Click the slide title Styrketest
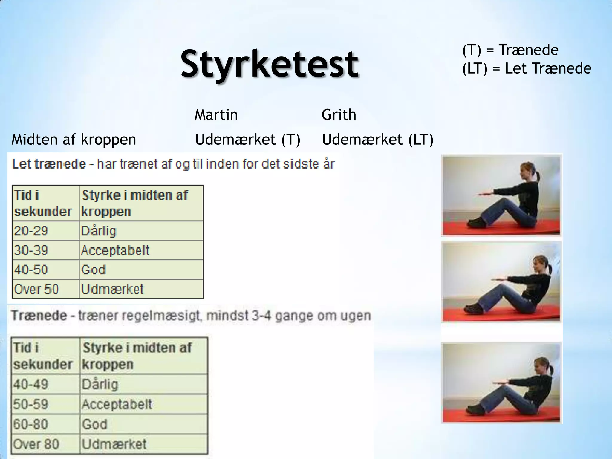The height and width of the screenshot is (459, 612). (270, 64)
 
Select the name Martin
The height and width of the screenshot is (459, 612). (216, 115)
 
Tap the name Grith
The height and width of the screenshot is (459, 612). (339, 115)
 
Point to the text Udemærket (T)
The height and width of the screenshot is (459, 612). (248, 140)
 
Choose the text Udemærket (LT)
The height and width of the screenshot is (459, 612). (378, 140)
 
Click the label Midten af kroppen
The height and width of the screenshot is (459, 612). (74, 140)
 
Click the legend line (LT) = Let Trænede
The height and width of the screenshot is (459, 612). (527, 68)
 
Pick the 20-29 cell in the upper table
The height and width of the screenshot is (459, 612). (31, 231)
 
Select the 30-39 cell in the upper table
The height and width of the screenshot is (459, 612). (31, 250)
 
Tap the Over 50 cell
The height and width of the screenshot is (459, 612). (36, 289)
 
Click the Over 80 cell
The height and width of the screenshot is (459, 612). (36, 444)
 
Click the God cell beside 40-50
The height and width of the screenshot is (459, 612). (94, 270)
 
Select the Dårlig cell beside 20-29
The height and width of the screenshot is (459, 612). (99, 231)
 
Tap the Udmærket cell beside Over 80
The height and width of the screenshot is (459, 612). (114, 444)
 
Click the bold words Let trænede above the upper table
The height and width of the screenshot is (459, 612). (49, 164)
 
